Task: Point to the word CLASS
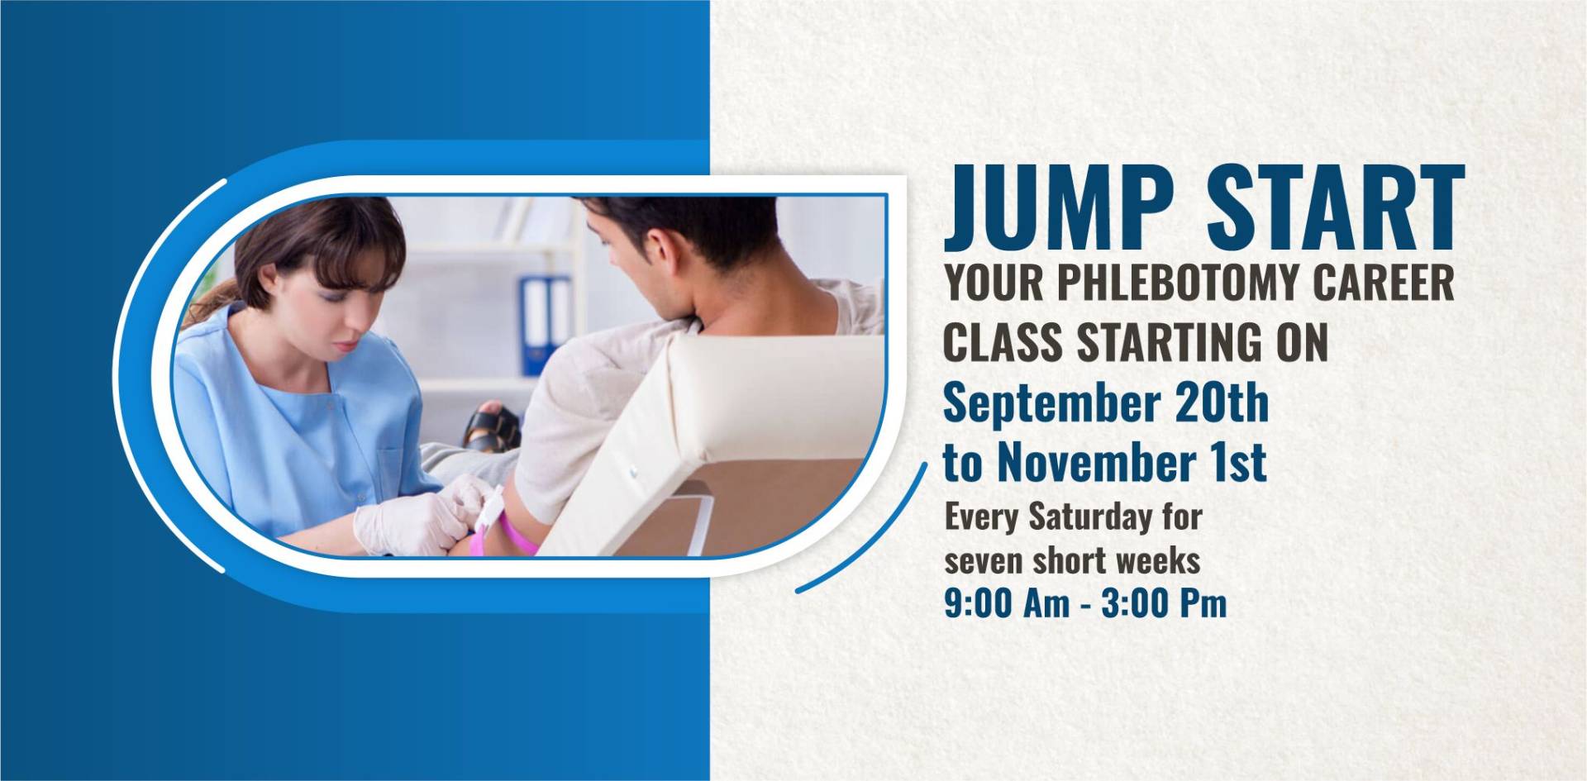coord(1003,342)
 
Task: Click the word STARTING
coord(1201,342)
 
